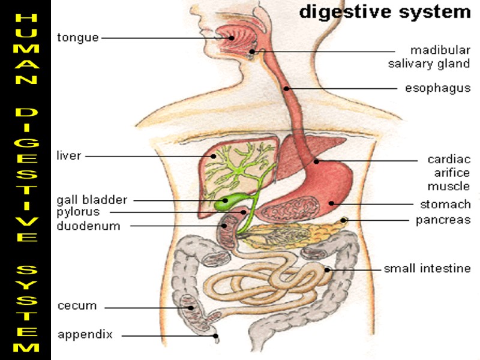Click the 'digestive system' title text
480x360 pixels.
(x=385, y=12)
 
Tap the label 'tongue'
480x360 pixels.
(x=77, y=38)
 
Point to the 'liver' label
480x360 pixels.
(x=68, y=156)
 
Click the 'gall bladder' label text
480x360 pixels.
(x=92, y=200)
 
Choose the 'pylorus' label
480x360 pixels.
(x=78, y=212)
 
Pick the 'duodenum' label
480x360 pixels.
(x=88, y=226)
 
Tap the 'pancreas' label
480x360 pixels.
(x=443, y=220)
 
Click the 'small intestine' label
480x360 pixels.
(x=427, y=268)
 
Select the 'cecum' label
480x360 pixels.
(x=77, y=305)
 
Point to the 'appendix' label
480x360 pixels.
(x=85, y=335)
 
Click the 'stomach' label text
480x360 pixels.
(x=445, y=205)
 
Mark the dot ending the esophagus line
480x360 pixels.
(x=287, y=89)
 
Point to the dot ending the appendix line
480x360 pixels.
(x=216, y=336)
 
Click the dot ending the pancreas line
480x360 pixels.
(x=344, y=220)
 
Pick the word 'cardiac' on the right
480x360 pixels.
(x=448, y=160)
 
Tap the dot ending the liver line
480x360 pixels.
(x=213, y=157)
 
